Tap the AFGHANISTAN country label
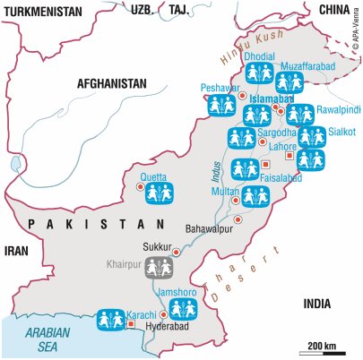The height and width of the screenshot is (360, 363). pyautogui.click(x=111, y=82)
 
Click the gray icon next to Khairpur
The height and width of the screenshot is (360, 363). pyautogui.click(x=160, y=266)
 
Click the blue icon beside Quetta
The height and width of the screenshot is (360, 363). pyautogui.click(x=158, y=193)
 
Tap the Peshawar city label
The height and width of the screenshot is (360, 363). pyautogui.click(x=219, y=90)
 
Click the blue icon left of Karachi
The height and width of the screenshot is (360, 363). pyautogui.click(x=113, y=319)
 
